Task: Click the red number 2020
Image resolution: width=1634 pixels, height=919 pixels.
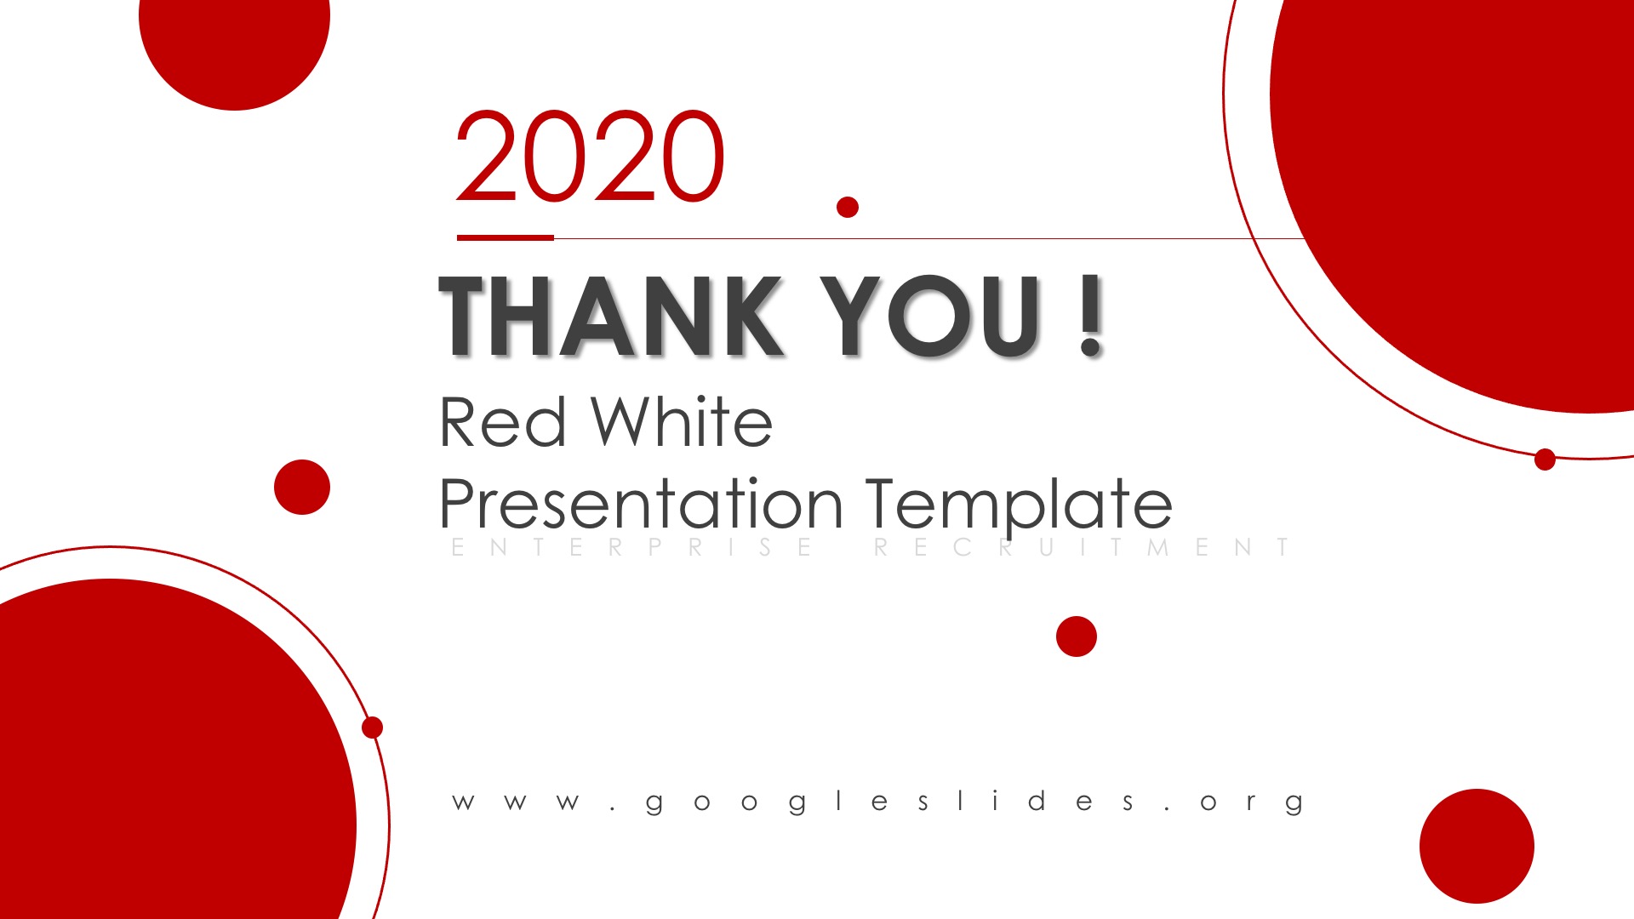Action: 590,156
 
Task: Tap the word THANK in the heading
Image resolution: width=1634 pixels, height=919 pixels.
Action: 610,315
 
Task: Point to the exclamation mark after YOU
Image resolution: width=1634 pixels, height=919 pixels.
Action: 1090,315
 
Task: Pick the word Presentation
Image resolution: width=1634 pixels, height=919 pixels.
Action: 641,503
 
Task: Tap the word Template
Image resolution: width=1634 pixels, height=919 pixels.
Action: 1020,503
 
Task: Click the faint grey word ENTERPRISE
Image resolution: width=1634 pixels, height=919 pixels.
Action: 631,547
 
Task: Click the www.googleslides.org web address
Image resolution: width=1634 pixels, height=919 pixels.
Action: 878,802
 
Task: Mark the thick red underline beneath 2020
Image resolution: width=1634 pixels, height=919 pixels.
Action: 506,237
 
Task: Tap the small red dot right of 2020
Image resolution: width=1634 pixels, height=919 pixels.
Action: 848,207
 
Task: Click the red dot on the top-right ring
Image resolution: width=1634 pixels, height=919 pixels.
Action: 1545,459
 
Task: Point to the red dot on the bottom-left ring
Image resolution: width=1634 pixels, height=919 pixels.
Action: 373,728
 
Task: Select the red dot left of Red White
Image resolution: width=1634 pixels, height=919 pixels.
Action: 302,487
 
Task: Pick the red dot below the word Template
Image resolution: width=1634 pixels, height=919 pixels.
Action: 1077,636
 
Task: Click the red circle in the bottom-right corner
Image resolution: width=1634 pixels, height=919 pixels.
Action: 1477,846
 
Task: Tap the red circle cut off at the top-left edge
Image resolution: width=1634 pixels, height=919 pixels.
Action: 234,47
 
